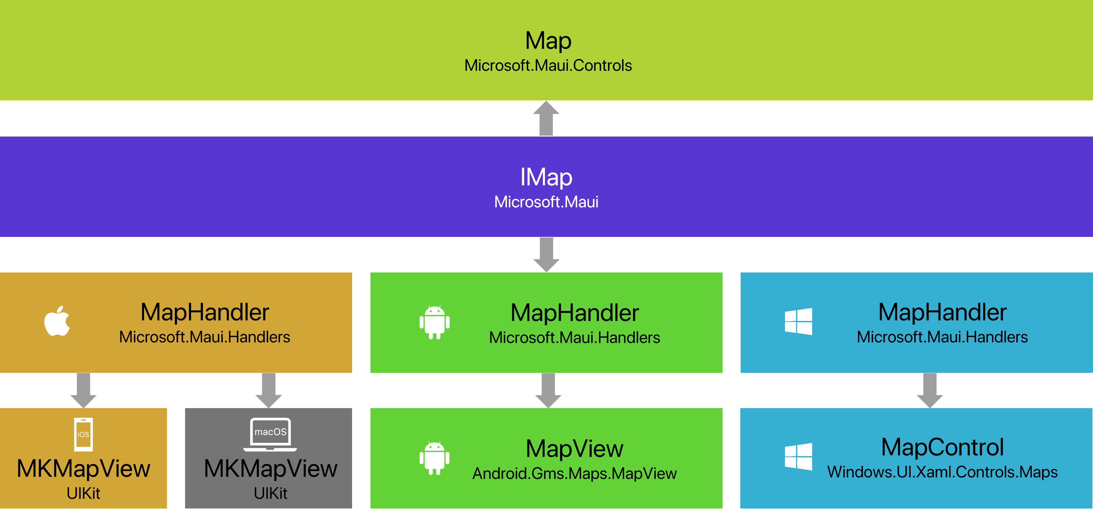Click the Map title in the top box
548,41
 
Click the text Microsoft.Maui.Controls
548,66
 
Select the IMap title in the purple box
546,177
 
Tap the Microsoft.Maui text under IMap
546,202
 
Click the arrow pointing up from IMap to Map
546,118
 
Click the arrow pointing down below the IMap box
546,255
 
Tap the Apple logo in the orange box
57,321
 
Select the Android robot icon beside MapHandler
434,323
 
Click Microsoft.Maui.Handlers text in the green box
575,338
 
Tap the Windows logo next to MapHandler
798,322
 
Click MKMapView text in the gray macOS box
271,469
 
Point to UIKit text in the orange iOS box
83,493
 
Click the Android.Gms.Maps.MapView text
575,474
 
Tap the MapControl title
942,447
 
